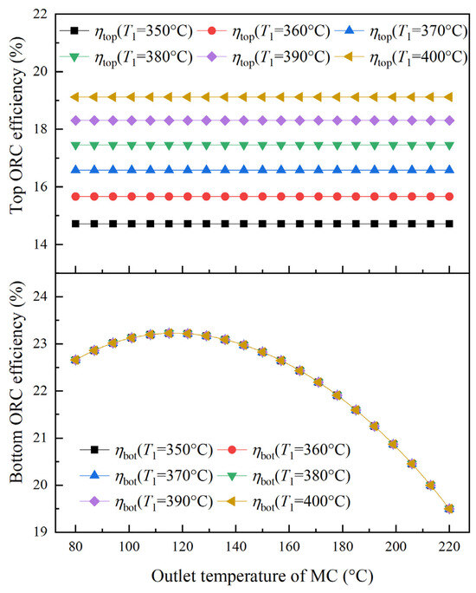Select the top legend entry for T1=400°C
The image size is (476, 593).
(x=402, y=57)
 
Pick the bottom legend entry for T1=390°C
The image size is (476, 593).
(x=147, y=502)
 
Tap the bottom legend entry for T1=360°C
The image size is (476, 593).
(x=284, y=451)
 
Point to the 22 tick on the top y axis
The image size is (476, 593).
(x=41, y=15)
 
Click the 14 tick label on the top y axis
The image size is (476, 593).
(x=41, y=244)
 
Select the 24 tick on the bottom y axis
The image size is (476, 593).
(x=41, y=296)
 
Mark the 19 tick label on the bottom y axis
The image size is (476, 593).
(x=41, y=532)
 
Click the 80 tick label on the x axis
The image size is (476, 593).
(x=76, y=546)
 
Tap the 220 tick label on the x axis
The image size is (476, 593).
(x=449, y=546)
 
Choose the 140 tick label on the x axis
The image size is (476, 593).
(x=236, y=546)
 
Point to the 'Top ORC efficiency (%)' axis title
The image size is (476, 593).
(x=17, y=125)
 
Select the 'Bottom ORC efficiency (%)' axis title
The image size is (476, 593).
(x=17, y=382)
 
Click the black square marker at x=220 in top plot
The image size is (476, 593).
(x=449, y=224)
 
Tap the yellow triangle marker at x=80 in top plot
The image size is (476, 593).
(x=75, y=98)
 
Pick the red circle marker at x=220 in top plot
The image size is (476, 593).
(x=449, y=197)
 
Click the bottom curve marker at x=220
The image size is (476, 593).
(x=449, y=509)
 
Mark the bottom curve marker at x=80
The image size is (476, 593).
(x=76, y=360)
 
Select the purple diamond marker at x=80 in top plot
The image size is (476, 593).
(x=76, y=121)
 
